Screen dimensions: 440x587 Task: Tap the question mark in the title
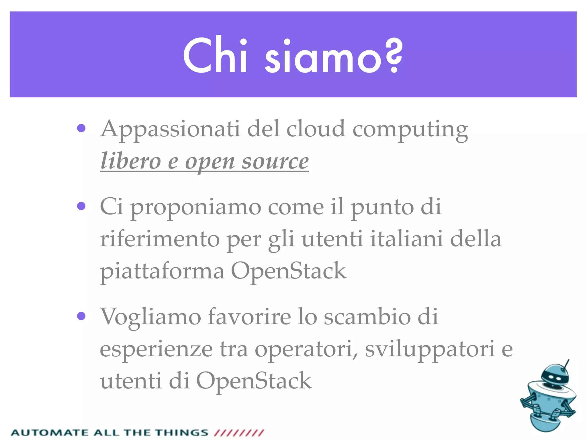tap(394, 56)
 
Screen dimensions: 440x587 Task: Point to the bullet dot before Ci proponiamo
tap(81, 206)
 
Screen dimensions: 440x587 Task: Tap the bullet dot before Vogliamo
tap(81, 316)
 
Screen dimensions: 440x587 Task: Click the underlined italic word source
tap(275, 161)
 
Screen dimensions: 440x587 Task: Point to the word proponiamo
tap(196, 208)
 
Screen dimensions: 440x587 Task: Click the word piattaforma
tap(162, 271)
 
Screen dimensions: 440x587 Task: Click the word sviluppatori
tap(430, 349)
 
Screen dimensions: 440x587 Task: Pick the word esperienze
tap(156, 349)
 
